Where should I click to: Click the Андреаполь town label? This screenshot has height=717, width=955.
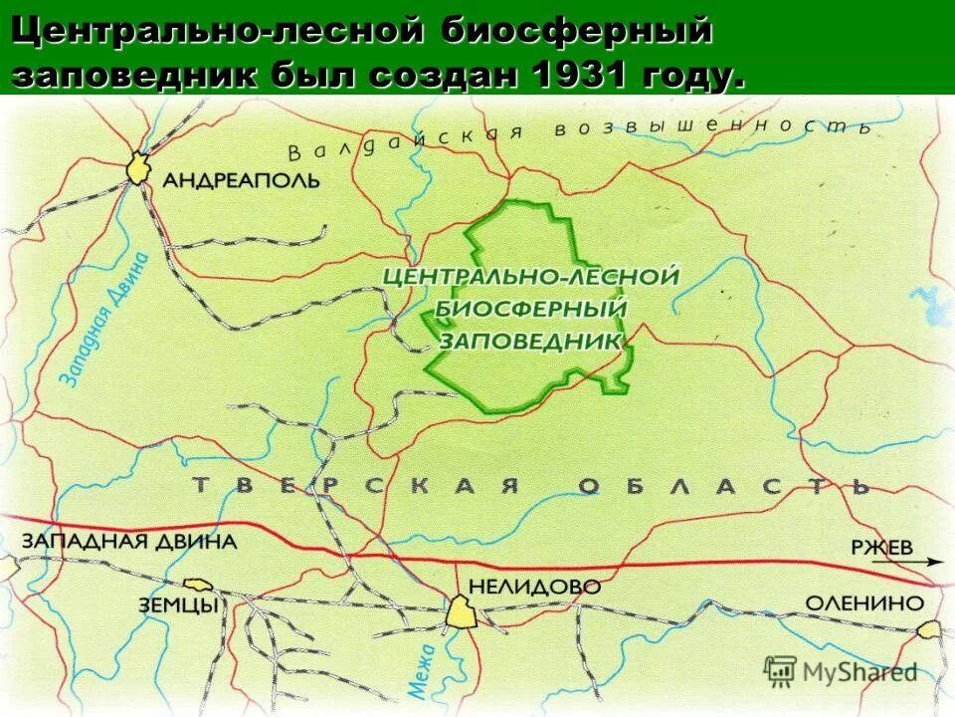click(240, 180)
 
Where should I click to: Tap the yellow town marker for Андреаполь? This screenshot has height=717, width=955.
click(137, 168)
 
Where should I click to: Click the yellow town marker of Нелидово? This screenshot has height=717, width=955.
click(462, 611)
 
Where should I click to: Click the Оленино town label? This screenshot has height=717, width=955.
click(863, 602)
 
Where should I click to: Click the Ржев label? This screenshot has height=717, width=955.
click(880, 546)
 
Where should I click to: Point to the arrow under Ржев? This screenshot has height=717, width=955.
click(895, 563)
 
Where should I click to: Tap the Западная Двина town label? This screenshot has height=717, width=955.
click(128, 543)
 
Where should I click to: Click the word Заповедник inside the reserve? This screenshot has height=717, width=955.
click(530, 340)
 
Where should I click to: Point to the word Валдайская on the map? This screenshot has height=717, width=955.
click(403, 143)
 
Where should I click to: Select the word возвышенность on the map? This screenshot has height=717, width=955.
click(712, 125)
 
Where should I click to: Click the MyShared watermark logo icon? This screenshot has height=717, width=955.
click(781, 670)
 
